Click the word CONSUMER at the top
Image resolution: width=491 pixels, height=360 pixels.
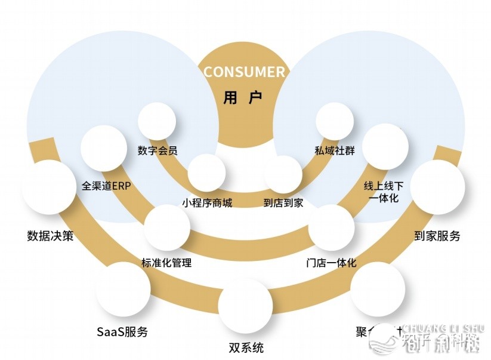tap(245, 72)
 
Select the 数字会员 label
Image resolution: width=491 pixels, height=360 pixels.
tap(157, 150)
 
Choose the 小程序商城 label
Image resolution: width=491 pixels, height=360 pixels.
tap(207, 203)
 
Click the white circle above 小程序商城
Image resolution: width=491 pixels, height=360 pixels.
tap(206, 174)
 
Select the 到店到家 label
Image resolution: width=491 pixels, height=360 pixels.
tap(283, 203)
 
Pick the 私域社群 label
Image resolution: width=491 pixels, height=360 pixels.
tap(335, 150)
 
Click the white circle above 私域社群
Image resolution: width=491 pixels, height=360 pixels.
tap(335, 121)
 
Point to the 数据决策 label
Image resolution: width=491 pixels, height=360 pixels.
tap(51, 235)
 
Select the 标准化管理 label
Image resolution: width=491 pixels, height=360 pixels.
tap(166, 263)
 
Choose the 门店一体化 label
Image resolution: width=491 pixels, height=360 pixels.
tap(331, 263)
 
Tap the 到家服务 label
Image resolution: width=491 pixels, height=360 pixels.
tap(437, 235)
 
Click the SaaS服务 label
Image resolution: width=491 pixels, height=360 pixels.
tap(122, 332)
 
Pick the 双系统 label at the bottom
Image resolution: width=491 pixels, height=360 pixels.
tap(246, 347)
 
